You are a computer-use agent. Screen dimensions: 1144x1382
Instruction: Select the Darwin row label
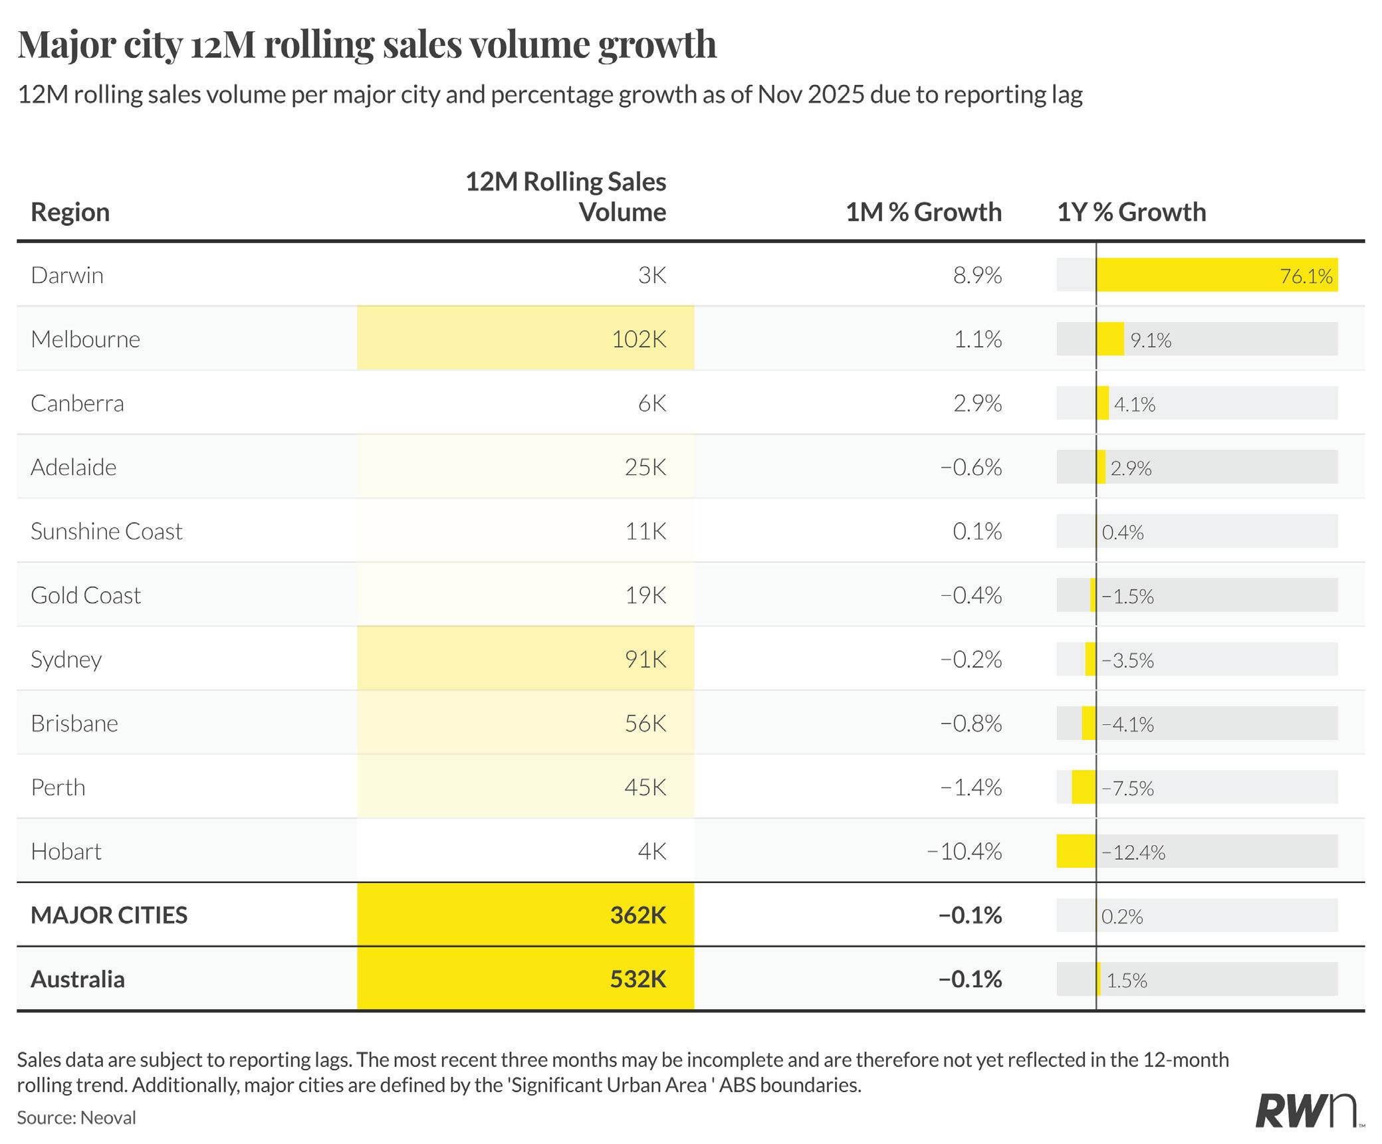coord(67,275)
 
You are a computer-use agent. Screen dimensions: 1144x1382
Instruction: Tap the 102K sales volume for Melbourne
coord(638,339)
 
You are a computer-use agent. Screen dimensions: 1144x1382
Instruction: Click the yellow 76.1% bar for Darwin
coord(1216,275)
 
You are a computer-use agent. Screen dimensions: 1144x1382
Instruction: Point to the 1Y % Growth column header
coord(1131,212)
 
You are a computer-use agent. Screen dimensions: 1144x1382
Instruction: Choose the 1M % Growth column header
coord(923,212)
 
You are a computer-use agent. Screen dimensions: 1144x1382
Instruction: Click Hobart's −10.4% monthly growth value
coord(964,851)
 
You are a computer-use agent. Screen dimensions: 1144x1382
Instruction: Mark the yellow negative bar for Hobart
coord(1076,851)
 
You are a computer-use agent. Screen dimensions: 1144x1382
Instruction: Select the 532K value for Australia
coord(637,979)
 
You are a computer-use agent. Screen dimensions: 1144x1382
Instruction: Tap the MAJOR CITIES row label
coord(109,915)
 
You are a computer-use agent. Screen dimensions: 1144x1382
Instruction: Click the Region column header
coord(70,212)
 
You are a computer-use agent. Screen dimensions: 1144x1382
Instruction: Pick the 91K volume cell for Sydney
coord(645,659)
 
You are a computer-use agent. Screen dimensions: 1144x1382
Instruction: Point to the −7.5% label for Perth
coord(1127,788)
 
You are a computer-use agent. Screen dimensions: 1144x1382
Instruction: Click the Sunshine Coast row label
coord(106,531)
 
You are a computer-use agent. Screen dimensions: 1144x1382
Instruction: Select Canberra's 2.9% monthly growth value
coord(977,403)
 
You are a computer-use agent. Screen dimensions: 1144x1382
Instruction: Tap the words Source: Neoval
coord(76,1117)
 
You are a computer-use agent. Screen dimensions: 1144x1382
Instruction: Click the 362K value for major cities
coord(637,915)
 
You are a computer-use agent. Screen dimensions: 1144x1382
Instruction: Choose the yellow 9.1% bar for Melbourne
coord(1110,339)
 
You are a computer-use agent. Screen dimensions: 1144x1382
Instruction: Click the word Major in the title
coord(66,45)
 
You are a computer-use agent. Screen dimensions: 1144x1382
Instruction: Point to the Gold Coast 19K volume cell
coord(645,595)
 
